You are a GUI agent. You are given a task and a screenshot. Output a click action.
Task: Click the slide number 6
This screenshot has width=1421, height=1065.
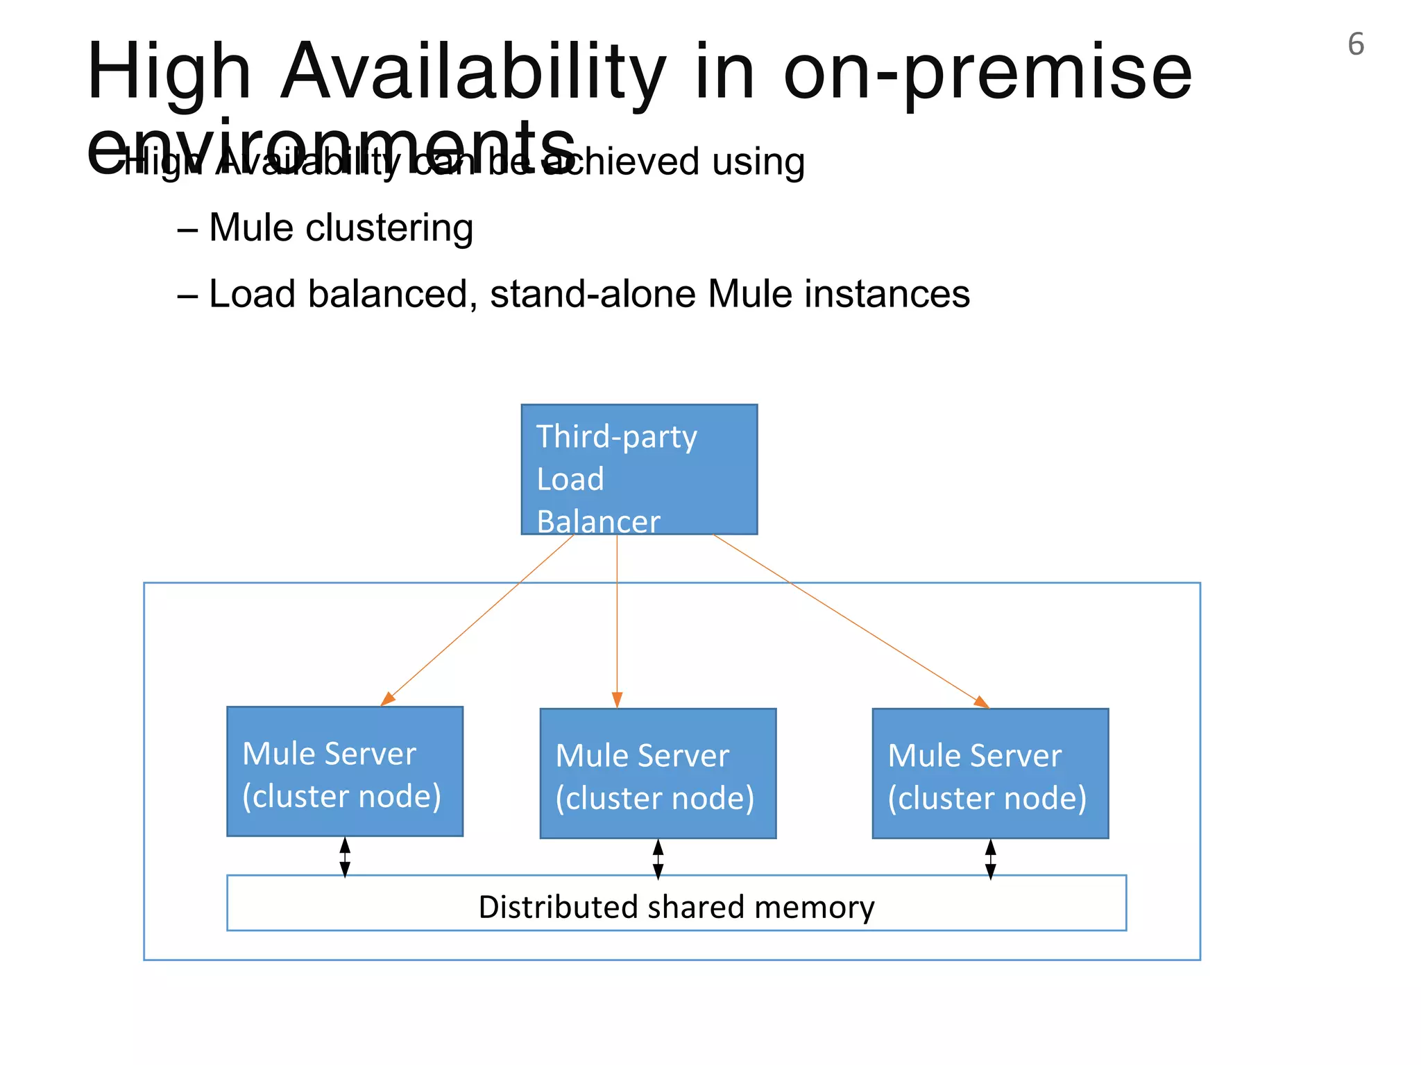point(1355,44)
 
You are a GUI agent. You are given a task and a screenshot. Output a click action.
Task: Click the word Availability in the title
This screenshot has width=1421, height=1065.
point(472,72)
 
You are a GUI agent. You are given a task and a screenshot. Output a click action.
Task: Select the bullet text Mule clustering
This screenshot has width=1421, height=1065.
point(341,227)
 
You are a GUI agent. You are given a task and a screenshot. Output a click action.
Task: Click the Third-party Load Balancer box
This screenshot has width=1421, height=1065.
point(639,469)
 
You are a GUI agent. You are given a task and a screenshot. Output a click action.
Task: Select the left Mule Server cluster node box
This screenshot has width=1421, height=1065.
point(344,771)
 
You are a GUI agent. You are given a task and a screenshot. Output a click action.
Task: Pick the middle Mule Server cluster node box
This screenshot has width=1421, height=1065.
point(658,773)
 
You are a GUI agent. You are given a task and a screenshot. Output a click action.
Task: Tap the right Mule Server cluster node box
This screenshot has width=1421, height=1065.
point(990,773)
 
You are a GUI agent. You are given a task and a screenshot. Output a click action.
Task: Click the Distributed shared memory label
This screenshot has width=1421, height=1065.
point(677,907)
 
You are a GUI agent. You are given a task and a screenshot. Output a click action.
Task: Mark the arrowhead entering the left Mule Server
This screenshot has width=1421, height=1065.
point(388,699)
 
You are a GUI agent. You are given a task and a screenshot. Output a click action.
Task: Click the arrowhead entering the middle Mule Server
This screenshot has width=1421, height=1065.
point(617,700)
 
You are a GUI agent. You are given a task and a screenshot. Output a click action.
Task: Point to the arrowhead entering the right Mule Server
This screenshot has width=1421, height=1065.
point(981,702)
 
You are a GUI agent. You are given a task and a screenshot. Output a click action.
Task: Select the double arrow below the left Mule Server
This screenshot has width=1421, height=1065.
point(345,857)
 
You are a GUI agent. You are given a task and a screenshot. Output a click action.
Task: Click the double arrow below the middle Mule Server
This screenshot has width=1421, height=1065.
point(658,859)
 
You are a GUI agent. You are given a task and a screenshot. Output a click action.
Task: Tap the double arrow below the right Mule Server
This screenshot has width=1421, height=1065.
point(990,859)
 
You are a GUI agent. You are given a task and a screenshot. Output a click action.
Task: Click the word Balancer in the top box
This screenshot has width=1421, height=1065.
point(598,521)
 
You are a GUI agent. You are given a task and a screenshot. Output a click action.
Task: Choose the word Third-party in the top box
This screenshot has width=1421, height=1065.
point(616,437)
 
